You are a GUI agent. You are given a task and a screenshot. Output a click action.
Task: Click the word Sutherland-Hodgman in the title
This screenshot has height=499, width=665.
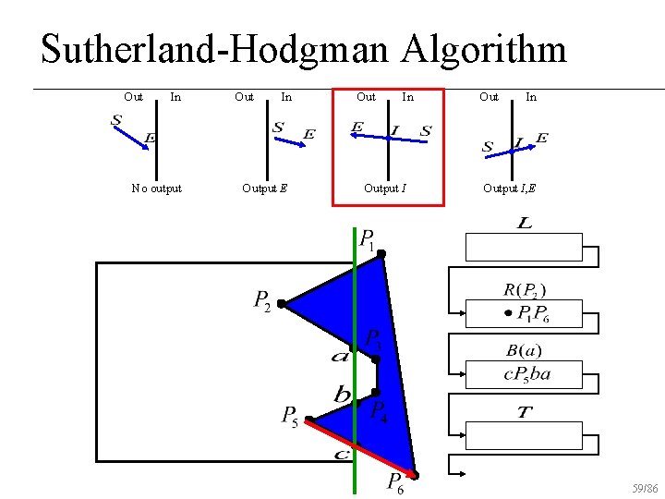pyautogui.click(x=214, y=49)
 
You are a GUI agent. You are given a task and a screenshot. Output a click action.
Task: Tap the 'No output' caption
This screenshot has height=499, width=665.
pyautogui.click(x=156, y=189)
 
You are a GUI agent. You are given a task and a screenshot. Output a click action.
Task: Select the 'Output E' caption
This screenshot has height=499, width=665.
pyautogui.click(x=264, y=189)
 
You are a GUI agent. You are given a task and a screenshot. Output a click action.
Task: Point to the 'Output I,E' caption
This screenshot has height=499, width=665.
pyautogui.click(x=509, y=189)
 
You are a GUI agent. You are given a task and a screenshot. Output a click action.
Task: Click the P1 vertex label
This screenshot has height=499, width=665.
pyautogui.click(x=367, y=240)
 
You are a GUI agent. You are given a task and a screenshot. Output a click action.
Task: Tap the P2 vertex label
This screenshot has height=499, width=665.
pyautogui.click(x=262, y=300)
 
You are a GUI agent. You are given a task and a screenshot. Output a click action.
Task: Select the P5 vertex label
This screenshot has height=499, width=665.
pyautogui.click(x=290, y=417)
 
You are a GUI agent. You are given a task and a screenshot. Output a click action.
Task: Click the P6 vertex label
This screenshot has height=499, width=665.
pyautogui.click(x=394, y=482)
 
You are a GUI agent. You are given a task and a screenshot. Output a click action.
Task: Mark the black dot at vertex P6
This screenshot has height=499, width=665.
pyautogui.click(x=416, y=476)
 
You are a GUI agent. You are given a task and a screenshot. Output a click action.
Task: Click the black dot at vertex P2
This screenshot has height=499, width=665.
pyautogui.click(x=281, y=303)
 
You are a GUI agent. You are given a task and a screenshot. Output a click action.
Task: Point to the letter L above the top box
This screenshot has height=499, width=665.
pyautogui.click(x=525, y=225)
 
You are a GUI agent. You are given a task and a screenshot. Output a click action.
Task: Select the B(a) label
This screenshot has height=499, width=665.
pyautogui.click(x=525, y=351)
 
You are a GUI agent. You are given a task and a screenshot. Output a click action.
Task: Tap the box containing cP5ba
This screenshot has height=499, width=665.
pyautogui.click(x=524, y=374)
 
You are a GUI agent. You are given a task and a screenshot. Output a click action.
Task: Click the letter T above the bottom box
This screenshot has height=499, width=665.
pyautogui.click(x=524, y=412)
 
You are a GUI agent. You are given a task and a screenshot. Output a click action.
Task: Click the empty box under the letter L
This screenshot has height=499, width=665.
pyautogui.click(x=524, y=248)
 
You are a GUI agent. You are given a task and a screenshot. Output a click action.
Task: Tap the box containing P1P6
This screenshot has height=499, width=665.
pyautogui.click(x=524, y=313)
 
